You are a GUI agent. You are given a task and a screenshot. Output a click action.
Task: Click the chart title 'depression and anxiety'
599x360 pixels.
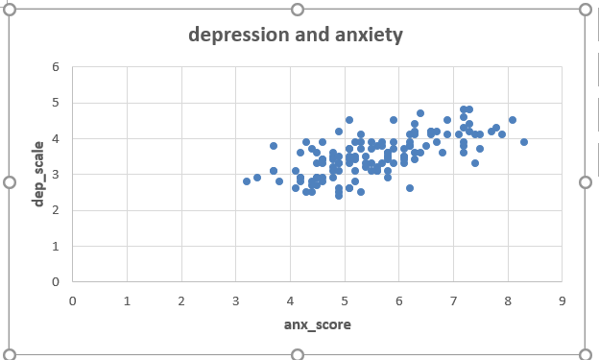point(296,36)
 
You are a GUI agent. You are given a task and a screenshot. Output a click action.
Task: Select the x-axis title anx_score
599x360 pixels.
point(317,324)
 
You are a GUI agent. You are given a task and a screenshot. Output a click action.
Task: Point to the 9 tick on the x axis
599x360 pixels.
point(562,300)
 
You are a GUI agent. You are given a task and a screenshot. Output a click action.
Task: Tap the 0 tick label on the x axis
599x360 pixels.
point(73,300)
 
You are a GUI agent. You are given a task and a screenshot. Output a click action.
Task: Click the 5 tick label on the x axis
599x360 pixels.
point(345,300)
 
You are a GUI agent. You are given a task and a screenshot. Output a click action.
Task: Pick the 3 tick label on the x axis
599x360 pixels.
point(236,300)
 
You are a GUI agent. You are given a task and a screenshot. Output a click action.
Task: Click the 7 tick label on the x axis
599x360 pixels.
point(453,300)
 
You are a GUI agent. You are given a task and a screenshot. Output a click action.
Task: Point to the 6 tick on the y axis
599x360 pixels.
point(56,67)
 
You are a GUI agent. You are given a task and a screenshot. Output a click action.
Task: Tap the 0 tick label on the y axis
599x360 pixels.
point(56,282)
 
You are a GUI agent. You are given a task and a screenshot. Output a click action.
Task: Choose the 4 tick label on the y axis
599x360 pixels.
point(56,139)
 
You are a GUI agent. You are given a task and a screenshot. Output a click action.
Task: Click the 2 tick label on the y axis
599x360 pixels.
point(56,210)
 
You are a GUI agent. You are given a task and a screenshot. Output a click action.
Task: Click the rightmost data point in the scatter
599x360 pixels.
point(524,142)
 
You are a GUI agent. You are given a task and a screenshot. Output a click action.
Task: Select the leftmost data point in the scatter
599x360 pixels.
point(247,181)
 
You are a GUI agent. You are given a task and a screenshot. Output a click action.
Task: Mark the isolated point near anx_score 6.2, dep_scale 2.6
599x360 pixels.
point(410,188)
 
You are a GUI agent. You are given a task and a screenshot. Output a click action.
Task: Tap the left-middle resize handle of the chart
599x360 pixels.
point(10,181)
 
